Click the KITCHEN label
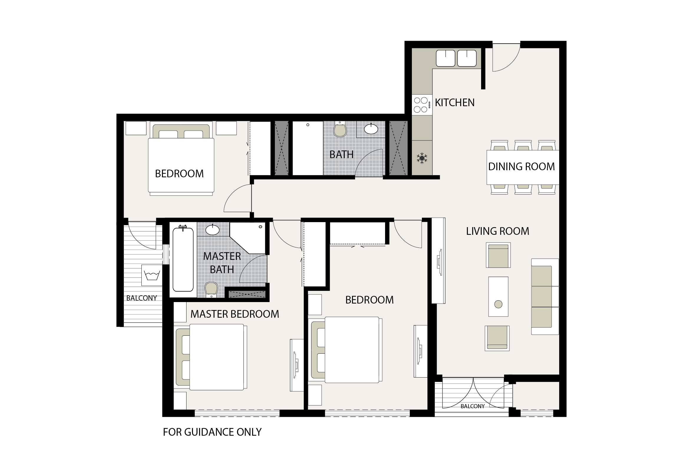[455, 103]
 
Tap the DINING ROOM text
[521, 167]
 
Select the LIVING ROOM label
[498, 231]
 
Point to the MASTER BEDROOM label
[235, 314]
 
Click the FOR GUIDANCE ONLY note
[212, 432]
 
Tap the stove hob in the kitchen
[422, 105]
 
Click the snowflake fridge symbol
[422, 158]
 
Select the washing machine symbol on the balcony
[152, 275]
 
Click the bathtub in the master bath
[183, 259]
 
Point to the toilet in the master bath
[211, 290]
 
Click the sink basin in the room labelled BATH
[371, 129]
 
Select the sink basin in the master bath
[212, 229]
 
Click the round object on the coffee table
[498, 304]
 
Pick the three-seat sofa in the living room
[545, 296]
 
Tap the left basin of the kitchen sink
[445, 58]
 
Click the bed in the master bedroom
[211, 357]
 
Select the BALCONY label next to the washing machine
[141, 298]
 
